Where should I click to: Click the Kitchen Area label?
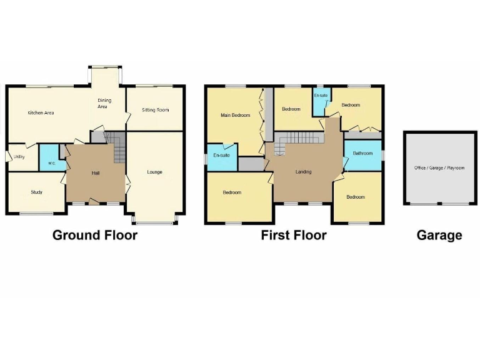[41, 112]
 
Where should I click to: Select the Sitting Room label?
[155, 110]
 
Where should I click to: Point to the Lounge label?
[154, 172]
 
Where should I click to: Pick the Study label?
[36, 192]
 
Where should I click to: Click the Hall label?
[96, 172]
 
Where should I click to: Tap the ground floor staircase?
[119, 150]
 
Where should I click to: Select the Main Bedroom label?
[235, 115]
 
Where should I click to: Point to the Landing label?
[304, 172]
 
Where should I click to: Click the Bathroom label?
[362, 153]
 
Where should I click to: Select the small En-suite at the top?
[321, 96]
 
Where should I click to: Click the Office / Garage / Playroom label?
[439, 167]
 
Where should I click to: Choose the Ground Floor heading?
[94, 235]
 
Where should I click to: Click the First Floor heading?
[294, 235]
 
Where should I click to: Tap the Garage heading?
[439, 235]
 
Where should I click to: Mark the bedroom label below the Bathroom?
[356, 197]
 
